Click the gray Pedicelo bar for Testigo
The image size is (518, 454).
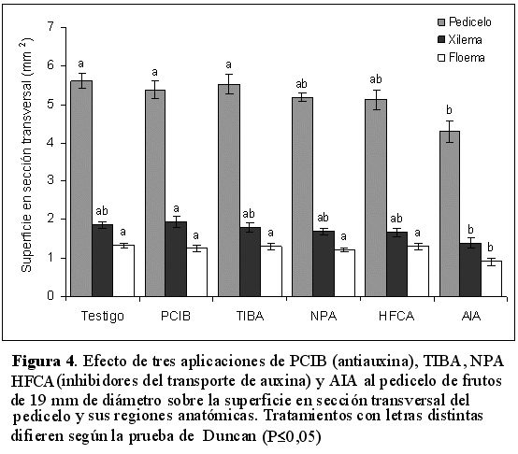(x=81, y=189)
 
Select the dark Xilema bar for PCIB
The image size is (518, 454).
(x=176, y=259)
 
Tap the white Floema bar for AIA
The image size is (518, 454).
(x=491, y=278)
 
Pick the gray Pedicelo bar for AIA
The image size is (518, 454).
(x=450, y=214)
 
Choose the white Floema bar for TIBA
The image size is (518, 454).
(x=271, y=271)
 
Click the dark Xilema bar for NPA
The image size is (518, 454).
(x=324, y=263)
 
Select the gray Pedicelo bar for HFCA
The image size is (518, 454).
(x=376, y=198)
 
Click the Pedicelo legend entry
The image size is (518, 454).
(x=464, y=22)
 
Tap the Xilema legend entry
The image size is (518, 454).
(x=459, y=40)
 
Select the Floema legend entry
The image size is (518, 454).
(x=461, y=58)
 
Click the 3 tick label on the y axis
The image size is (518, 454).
(x=50, y=181)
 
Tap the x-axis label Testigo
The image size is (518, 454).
(x=103, y=316)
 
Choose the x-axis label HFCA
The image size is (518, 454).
(x=396, y=316)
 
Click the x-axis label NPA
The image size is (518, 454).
(x=324, y=316)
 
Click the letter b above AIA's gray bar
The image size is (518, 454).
(x=449, y=110)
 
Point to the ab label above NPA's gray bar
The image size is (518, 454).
(x=301, y=84)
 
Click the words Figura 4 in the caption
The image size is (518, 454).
(x=43, y=361)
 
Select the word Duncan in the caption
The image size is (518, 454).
(x=229, y=436)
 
